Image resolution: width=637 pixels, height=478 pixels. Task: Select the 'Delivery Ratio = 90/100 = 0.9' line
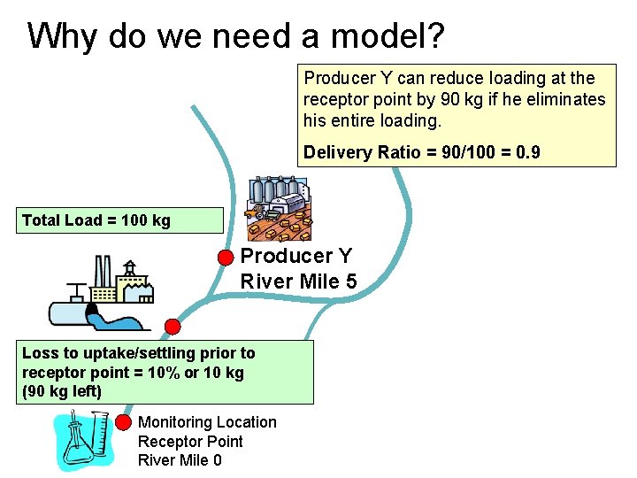[x=421, y=152]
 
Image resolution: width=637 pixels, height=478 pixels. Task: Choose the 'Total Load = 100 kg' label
[x=96, y=220]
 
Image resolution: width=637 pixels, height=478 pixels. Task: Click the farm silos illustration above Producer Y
[x=278, y=207]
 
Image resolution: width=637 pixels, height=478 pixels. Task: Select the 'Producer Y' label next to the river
[x=296, y=256]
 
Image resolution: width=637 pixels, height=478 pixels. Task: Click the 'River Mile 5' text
[x=298, y=281]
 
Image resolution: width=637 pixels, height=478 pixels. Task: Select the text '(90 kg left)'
[x=61, y=390]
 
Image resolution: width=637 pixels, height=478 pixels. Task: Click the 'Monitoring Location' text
[x=207, y=422]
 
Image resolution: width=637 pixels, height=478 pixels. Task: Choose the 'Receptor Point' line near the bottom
[x=190, y=441]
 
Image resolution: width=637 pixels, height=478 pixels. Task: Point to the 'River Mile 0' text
[x=180, y=459]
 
